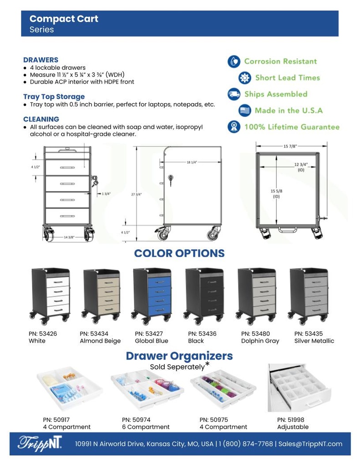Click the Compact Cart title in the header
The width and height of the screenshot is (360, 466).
tap(64, 19)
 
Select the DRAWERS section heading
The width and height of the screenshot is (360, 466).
tap(41, 60)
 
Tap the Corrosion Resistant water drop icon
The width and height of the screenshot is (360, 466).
tap(233, 61)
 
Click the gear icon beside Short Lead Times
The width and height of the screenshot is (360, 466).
tap(245, 78)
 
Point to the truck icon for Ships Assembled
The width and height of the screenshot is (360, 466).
tap(233, 94)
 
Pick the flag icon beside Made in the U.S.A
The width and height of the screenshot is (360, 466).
tap(245, 111)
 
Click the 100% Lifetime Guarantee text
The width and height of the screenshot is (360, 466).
tap(292, 127)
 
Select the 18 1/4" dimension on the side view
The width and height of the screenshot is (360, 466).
tap(191, 162)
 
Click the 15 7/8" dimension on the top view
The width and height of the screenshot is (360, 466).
tap(290, 147)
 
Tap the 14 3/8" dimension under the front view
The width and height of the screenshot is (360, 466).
tap(69, 237)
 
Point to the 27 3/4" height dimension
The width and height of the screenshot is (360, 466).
tap(137, 194)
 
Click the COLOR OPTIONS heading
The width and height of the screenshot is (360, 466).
tap(179, 253)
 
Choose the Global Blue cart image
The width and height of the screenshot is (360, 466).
tap(152, 295)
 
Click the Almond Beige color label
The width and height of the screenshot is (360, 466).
tap(100, 341)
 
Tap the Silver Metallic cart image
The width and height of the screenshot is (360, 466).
tap(309, 295)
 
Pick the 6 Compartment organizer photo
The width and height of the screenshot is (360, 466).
tap(147, 390)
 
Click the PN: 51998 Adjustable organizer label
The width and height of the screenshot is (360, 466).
tap(293, 423)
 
